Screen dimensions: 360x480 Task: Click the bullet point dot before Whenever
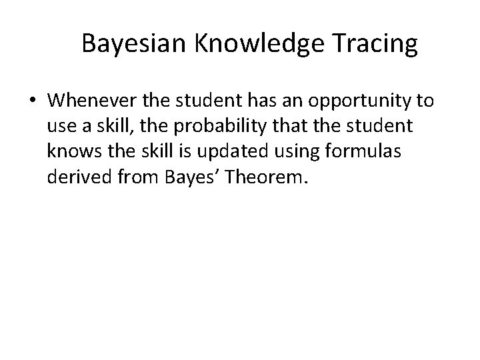[x=33, y=101]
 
